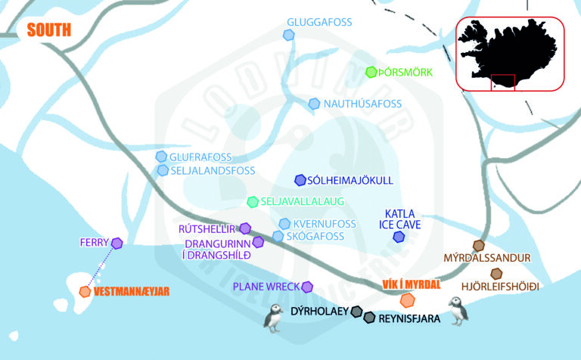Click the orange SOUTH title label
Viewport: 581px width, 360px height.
[x=48, y=30]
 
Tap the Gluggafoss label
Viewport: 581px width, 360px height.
[x=319, y=22]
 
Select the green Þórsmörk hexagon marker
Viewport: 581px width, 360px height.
[x=371, y=73]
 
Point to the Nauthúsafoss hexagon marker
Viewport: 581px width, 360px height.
[x=314, y=104]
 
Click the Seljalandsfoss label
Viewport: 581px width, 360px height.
[x=213, y=171]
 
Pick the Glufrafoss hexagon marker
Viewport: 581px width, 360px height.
[x=161, y=157]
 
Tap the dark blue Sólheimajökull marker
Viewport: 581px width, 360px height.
[x=300, y=180]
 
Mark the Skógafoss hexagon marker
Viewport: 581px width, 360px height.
[x=278, y=237]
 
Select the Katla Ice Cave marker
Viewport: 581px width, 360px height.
[x=399, y=237]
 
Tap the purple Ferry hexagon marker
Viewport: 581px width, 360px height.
[x=117, y=243]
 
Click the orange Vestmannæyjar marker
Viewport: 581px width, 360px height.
[x=85, y=291]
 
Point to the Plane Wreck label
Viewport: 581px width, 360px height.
[x=265, y=287]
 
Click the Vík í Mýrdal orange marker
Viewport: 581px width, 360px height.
[x=406, y=302]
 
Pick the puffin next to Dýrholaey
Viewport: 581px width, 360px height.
[x=272, y=318]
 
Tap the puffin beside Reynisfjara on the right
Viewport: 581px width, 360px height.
[x=456, y=310]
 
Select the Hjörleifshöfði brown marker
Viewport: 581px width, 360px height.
[x=496, y=273]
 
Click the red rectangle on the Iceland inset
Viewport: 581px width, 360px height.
[x=502, y=82]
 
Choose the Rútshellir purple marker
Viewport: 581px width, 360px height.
[x=244, y=228]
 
